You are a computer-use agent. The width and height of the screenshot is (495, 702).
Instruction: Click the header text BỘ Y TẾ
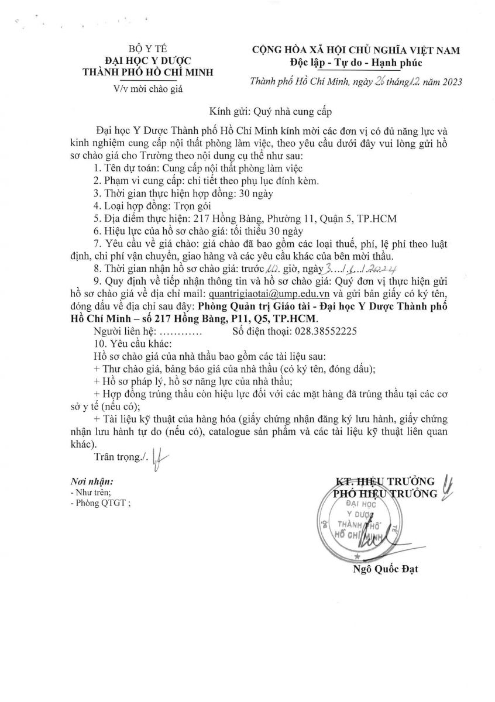[x=148, y=50]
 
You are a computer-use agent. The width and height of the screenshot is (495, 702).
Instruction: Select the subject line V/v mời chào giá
[x=148, y=88]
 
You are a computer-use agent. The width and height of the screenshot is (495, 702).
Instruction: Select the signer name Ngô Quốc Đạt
[x=387, y=569]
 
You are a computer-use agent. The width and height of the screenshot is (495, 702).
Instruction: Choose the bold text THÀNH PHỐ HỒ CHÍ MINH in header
[x=148, y=73]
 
